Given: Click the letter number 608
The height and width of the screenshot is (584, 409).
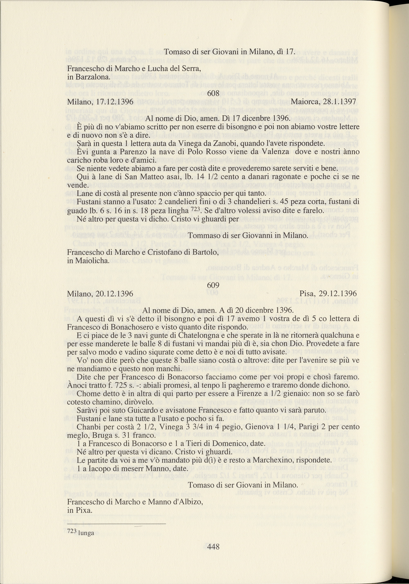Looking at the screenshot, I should pyautogui.click(x=213, y=94).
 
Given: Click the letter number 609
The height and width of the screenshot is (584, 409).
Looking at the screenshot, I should pyautogui.click(x=213, y=285).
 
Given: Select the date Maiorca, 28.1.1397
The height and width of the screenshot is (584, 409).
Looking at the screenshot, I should pyautogui.click(x=323, y=102).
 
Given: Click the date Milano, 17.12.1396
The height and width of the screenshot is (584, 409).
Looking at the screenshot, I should pyautogui.click(x=100, y=102).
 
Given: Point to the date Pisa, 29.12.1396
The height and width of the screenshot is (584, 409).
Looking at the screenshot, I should pyautogui.click(x=328, y=293).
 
